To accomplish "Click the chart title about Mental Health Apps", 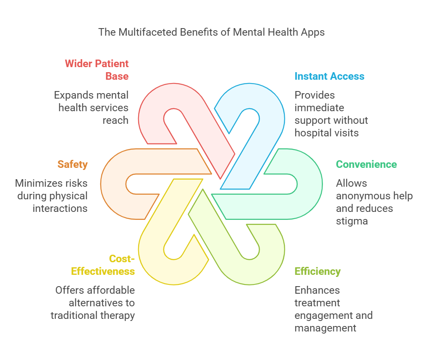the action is pyautogui.click(x=211, y=32).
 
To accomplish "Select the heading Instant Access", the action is pyautogui.click(x=329, y=76).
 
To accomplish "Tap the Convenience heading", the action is pyautogui.click(x=366, y=164).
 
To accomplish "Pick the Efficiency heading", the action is pyautogui.click(x=317, y=271).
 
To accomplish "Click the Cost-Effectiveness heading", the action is pyautogui.click(x=103, y=265).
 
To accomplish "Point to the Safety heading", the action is pyautogui.click(x=73, y=164).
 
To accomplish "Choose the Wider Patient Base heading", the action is pyautogui.click(x=97, y=70).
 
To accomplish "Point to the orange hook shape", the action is pyautogui.click(x=113, y=185).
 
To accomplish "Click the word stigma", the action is pyautogui.click(x=352, y=221).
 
